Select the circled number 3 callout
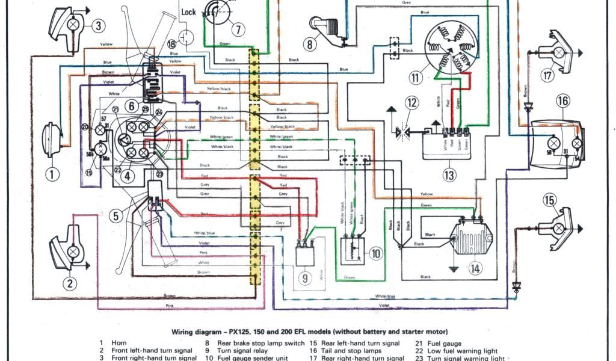[70, 283]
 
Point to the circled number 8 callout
[310, 44]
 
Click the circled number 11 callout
[415, 77]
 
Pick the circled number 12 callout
[411, 103]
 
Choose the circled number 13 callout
[448, 175]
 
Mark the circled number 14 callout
[475, 269]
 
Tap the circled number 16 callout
[562, 100]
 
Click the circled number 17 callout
[547, 76]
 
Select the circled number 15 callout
[549, 200]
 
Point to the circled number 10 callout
[375, 253]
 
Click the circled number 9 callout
[306, 278]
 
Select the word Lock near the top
[188, 12]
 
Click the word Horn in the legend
[119, 343]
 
